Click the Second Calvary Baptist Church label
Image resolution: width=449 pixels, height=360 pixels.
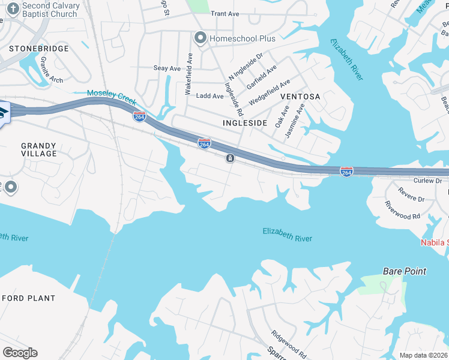pos(50,10)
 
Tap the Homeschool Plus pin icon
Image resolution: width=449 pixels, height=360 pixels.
pos(200,38)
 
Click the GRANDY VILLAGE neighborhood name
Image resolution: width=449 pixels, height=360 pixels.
pos(39,149)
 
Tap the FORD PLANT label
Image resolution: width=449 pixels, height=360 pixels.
pos(28,298)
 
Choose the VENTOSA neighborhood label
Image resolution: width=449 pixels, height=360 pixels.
pos(300,96)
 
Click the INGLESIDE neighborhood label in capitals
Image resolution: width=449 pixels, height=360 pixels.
pos(245,122)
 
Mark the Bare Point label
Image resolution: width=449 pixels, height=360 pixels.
pos(405,271)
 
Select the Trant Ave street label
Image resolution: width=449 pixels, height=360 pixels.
pos(225,13)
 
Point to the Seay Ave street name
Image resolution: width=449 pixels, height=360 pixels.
pos(167,68)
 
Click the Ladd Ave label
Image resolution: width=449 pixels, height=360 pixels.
pos(210,96)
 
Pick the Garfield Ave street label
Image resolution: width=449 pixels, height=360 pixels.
pos(262,77)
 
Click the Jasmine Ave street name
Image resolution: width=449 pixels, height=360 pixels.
pos(295,121)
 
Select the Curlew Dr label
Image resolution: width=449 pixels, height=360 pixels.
pos(427,181)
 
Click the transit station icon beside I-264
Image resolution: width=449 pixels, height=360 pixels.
pos(229,158)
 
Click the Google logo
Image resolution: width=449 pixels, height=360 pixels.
pos(20,353)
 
